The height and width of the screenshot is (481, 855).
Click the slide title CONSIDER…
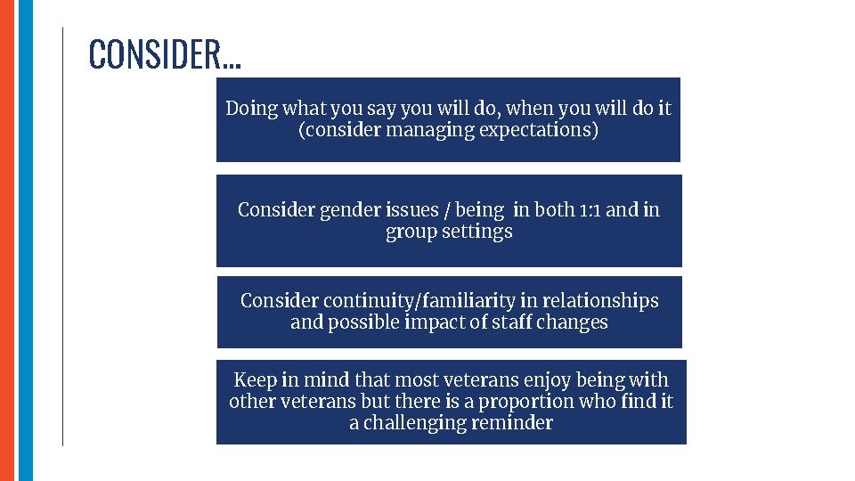(164, 54)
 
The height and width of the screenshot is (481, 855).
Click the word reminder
(517, 423)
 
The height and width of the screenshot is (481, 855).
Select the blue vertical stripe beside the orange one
(25, 240)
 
